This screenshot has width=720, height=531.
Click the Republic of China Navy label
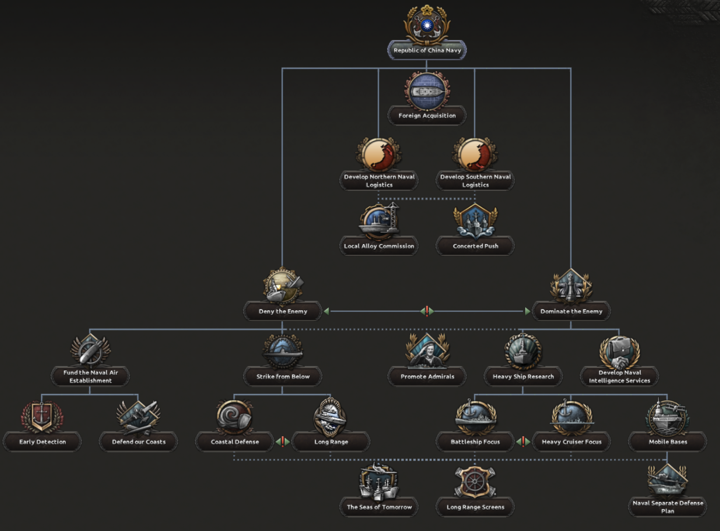tap(427, 50)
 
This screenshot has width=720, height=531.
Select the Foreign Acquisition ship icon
tap(427, 92)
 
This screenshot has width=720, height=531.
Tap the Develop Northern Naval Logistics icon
tap(379, 155)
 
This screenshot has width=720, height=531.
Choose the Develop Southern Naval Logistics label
tap(475, 181)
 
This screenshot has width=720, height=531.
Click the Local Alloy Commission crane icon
tap(379, 220)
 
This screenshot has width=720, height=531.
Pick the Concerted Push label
tap(475, 246)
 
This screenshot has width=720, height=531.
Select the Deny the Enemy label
tap(283, 311)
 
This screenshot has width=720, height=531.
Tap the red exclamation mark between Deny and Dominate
tap(427, 311)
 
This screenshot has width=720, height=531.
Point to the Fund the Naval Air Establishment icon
tap(90, 350)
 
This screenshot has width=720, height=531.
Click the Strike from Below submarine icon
tap(283, 351)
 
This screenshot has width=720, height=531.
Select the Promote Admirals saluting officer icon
tap(427, 350)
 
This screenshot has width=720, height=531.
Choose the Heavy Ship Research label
tap(523, 376)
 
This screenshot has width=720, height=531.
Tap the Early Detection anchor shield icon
tap(42, 416)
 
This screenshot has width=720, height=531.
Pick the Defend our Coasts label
tap(139, 442)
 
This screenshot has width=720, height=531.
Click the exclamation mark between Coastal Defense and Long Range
tap(283, 442)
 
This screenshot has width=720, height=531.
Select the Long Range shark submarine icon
tap(331, 417)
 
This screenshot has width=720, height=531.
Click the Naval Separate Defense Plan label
tap(668, 507)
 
